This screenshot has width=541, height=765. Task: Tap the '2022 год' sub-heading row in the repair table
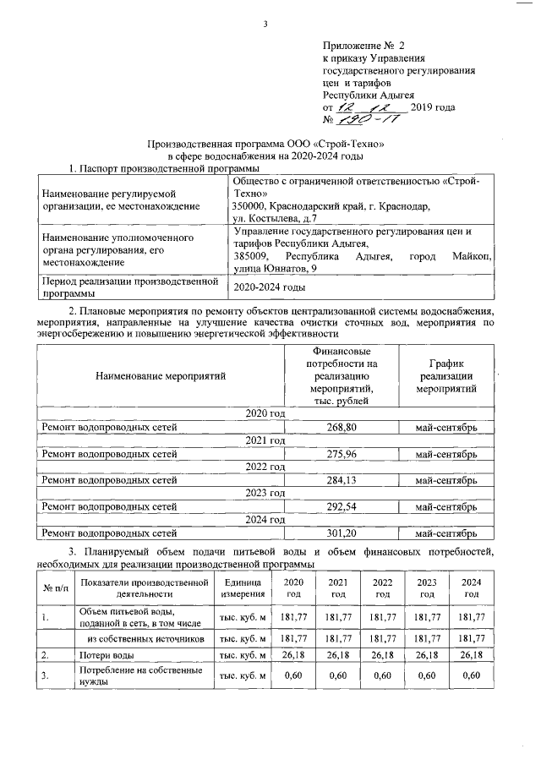[265, 467]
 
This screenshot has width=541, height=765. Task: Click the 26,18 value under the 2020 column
[292, 654]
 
